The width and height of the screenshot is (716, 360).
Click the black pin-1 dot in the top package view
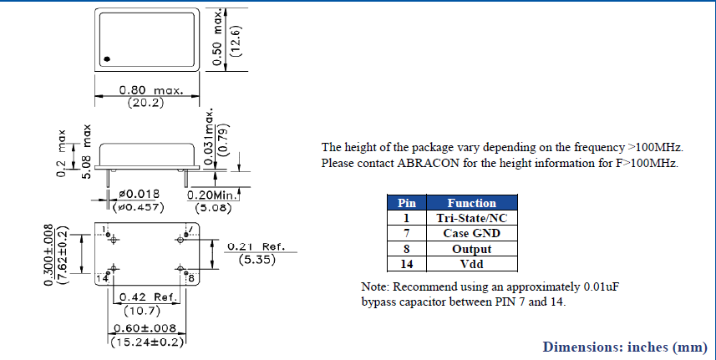coord(107,58)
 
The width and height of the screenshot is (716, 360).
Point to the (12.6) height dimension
coord(236,40)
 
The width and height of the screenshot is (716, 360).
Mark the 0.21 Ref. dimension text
coord(256,247)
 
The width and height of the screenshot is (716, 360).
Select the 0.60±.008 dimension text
coord(146,328)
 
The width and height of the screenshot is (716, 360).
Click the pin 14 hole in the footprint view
coord(114,268)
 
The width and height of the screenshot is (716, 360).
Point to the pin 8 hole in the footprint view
coord(181,268)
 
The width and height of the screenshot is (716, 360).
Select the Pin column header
coord(406,203)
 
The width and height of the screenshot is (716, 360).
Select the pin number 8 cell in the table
coord(406,249)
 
